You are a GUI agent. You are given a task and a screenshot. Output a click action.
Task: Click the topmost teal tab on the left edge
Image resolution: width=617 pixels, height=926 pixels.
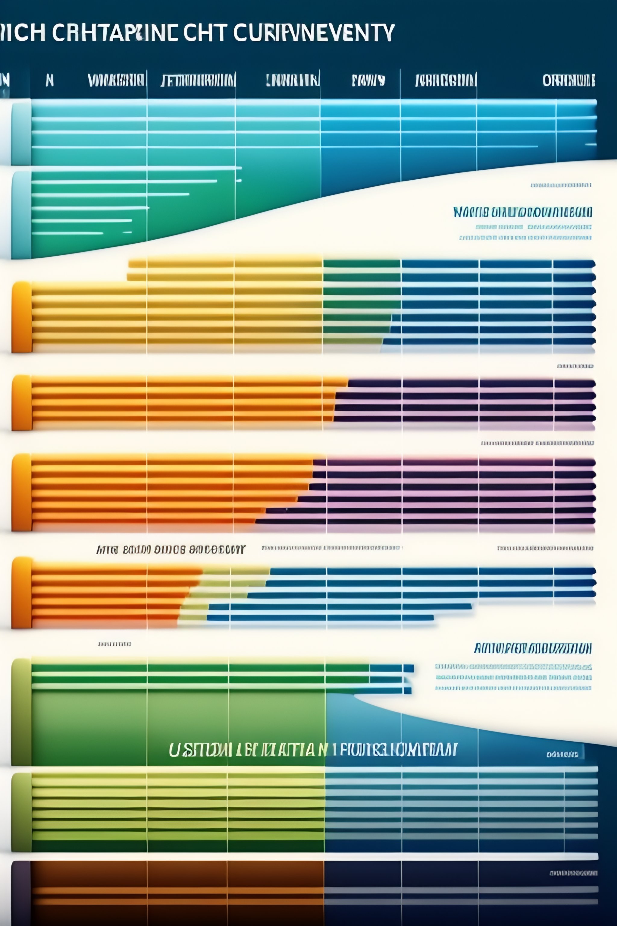point(22,132)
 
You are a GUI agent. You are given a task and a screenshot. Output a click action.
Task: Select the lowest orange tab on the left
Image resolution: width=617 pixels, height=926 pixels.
point(22,593)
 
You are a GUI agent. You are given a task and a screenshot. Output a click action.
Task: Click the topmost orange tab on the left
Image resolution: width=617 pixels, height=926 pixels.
point(22,317)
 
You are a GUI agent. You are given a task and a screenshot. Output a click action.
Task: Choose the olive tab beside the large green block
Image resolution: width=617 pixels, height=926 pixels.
point(22,712)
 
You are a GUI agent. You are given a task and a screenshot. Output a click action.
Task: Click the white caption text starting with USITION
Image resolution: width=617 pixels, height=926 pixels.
point(313,750)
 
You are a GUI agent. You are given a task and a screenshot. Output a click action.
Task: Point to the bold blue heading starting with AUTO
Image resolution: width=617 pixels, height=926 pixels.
point(532,648)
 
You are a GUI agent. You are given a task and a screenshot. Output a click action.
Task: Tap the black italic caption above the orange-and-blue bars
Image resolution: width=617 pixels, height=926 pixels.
point(171,550)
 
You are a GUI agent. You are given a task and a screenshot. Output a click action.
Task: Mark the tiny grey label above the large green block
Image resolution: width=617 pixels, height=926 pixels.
point(114,644)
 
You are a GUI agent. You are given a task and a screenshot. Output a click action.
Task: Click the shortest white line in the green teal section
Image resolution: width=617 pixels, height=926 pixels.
point(127,232)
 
